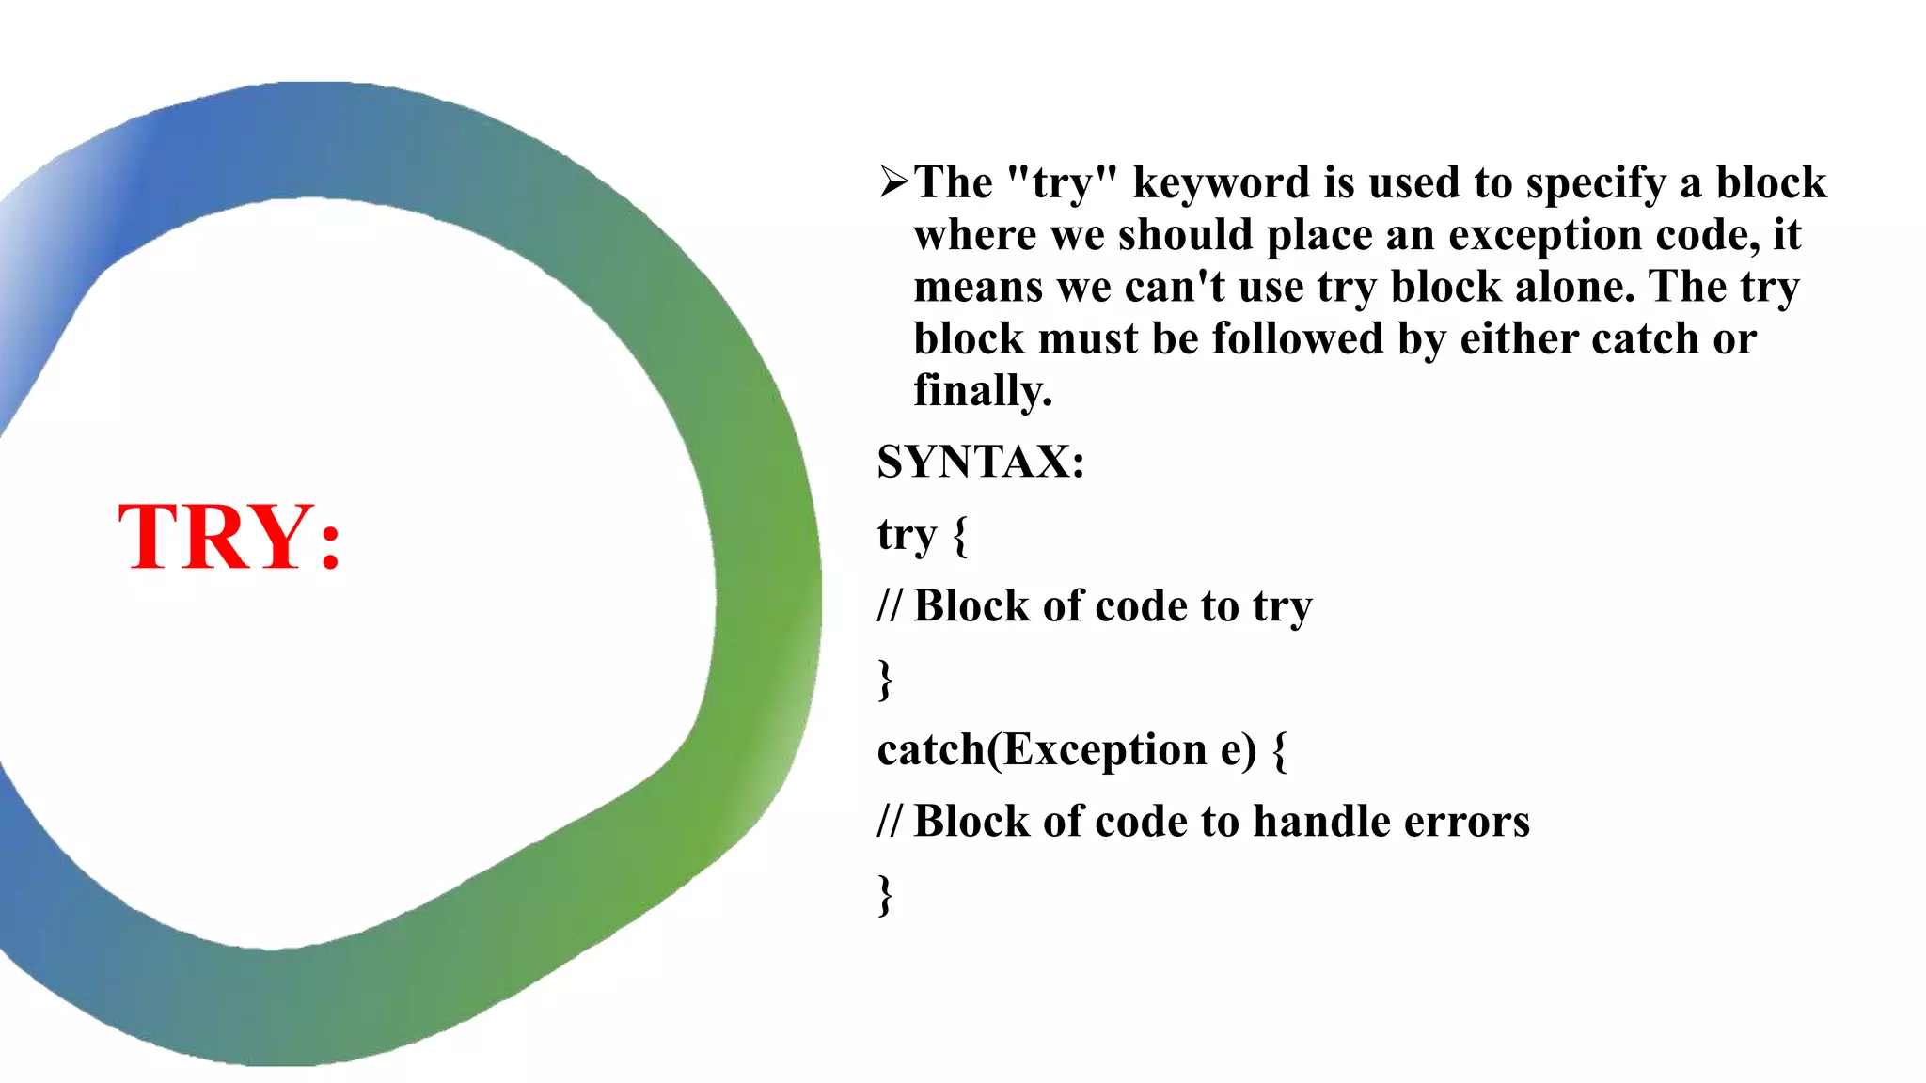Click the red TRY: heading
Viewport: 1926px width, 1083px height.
[229, 537]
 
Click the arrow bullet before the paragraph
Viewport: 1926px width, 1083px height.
[892, 180]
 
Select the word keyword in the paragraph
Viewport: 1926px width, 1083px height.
[1221, 182]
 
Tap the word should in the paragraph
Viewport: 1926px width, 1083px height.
[1185, 234]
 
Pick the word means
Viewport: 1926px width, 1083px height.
[978, 287]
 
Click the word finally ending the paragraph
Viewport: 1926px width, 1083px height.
[982, 391]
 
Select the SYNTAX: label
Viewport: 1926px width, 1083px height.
[981, 463]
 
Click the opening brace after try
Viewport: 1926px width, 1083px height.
[959, 536]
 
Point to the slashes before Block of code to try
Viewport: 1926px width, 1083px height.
[889, 606]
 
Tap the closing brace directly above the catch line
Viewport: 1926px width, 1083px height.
[885, 679]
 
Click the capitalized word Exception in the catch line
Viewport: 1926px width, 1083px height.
[1105, 750]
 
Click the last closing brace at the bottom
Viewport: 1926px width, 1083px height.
[885, 894]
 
